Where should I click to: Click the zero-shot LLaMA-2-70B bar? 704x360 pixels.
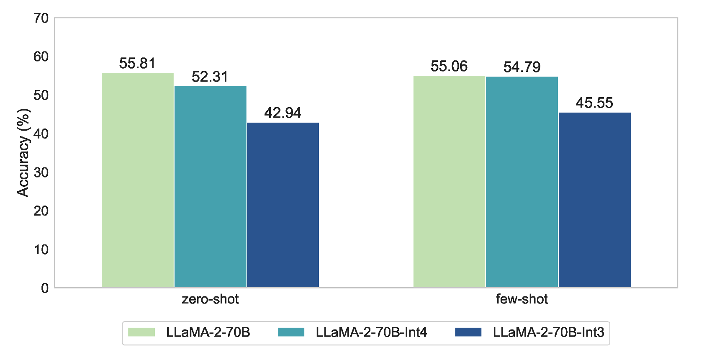(x=138, y=180)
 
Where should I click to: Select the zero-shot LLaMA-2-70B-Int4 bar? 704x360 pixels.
(x=210, y=187)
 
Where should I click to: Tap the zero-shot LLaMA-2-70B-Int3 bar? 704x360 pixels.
(x=283, y=205)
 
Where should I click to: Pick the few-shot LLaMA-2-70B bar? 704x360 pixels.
(x=449, y=181)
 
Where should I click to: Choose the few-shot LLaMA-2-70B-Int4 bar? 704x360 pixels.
(x=522, y=182)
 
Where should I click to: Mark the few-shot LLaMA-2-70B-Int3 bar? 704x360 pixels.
(x=594, y=200)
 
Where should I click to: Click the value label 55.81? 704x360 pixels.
(x=137, y=64)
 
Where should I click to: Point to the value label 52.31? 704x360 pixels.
(x=210, y=77)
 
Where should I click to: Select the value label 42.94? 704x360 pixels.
(x=283, y=113)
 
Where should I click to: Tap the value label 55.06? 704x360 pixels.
(x=449, y=67)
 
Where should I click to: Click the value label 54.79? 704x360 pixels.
(x=522, y=67)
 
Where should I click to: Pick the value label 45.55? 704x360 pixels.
(x=594, y=103)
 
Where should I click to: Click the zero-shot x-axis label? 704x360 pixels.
(x=210, y=299)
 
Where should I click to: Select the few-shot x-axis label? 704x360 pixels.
(x=522, y=299)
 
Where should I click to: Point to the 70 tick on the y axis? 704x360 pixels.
(x=41, y=18)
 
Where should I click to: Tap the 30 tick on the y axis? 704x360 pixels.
(x=41, y=172)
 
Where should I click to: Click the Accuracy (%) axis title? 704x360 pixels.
(x=23, y=153)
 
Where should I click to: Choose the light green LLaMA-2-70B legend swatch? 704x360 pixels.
(x=141, y=332)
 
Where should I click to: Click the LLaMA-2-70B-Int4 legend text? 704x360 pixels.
(x=371, y=332)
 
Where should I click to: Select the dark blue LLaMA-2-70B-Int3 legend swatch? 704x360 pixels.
(x=468, y=332)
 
